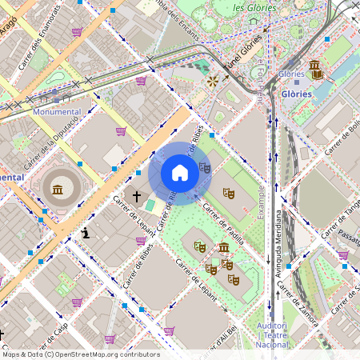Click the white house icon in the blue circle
[180, 173]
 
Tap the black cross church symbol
[137, 195]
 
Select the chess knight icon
[86, 233]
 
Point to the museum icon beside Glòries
[316, 70]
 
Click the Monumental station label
[57, 112]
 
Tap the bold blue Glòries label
[296, 94]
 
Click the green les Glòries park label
[254, 7]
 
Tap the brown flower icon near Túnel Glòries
[213, 81]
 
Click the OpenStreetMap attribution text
[81, 354]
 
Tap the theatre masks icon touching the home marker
[205, 167]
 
